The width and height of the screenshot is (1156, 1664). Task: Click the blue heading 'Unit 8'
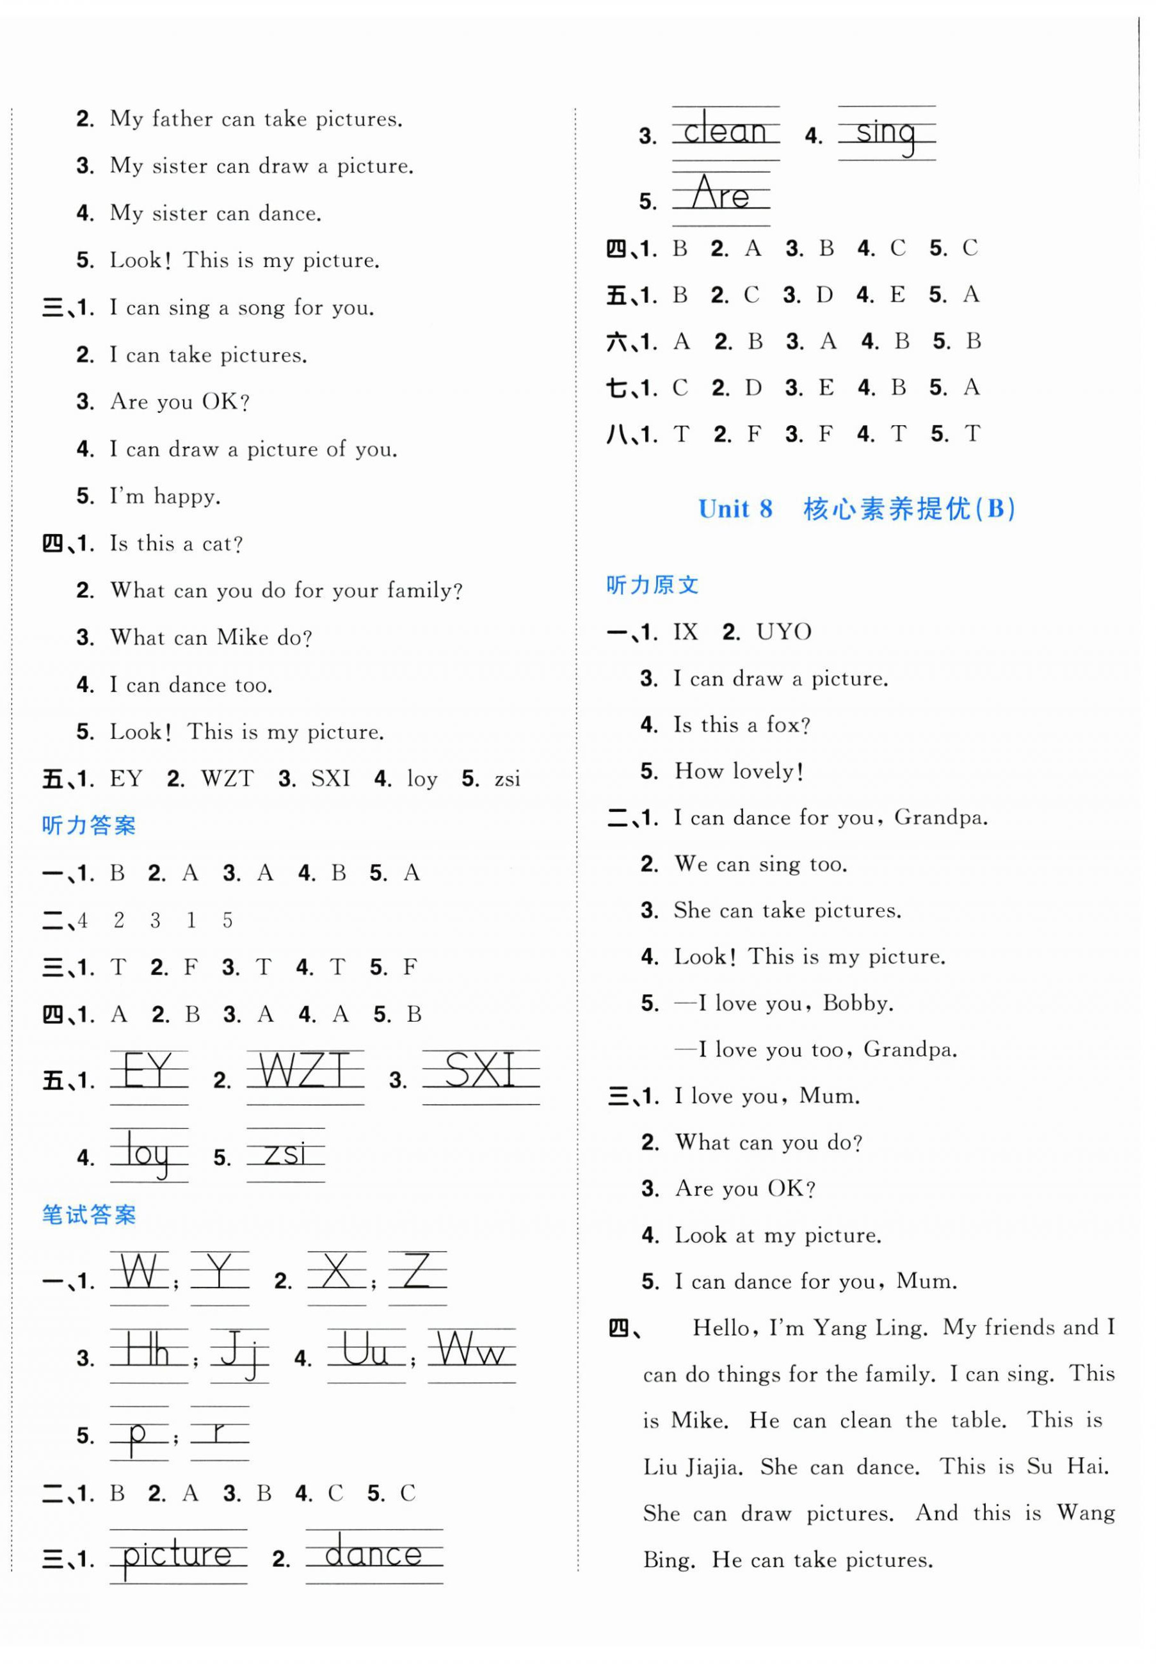[735, 509]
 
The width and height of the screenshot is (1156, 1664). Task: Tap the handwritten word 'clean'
[725, 132]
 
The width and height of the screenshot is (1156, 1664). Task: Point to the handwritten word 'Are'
[720, 194]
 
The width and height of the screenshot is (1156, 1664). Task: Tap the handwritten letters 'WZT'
[304, 1070]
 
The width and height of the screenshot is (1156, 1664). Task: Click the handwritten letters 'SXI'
[480, 1070]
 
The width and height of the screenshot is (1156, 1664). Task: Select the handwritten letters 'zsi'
[285, 1152]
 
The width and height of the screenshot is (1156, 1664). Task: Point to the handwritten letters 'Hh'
[148, 1352]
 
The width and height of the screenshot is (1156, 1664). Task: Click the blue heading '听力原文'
[652, 585]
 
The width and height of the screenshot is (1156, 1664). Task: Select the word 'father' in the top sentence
[182, 119]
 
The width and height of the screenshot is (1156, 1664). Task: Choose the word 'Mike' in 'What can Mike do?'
[243, 638]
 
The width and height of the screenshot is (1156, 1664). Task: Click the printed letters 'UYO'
[783, 632]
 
